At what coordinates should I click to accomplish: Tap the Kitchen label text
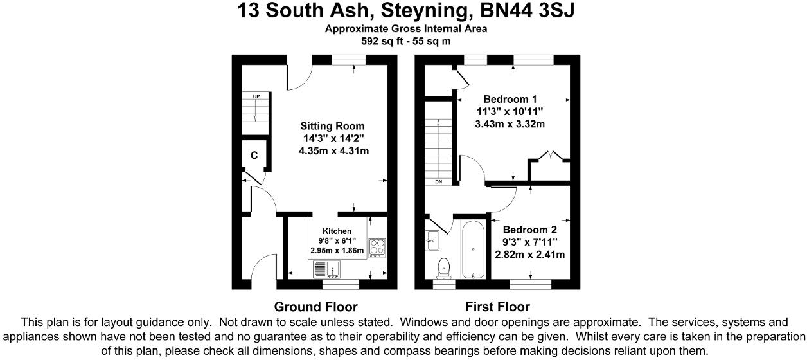coord(337,231)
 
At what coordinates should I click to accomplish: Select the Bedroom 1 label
coord(510,99)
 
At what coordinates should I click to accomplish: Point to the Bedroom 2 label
coord(529,230)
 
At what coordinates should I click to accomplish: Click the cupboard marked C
coord(254,155)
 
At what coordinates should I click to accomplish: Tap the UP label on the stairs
coord(256,96)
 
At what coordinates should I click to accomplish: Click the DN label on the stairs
coord(439,182)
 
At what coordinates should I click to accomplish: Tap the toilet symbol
coord(443,265)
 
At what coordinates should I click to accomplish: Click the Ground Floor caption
coord(315,307)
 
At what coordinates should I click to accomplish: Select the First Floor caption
coord(498,307)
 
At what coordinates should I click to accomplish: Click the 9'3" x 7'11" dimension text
coord(529,242)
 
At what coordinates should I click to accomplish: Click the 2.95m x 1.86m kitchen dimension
coord(337,251)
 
